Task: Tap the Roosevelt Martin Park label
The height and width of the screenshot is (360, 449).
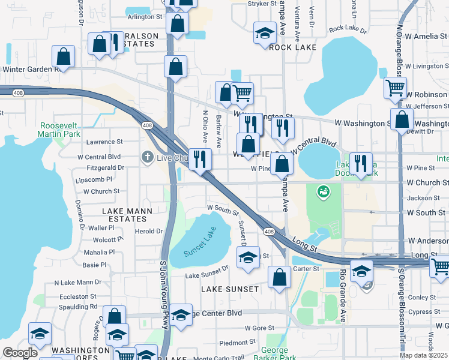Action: point(59,130)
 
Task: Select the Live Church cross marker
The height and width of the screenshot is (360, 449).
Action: point(147,157)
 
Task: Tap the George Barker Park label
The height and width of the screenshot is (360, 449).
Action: point(279,353)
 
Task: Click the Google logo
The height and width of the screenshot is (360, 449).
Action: point(20,353)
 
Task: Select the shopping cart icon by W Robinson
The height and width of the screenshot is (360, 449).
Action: point(396,88)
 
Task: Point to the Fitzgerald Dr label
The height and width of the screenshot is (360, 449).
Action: point(105,168)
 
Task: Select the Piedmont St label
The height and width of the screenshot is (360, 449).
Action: point(221,343)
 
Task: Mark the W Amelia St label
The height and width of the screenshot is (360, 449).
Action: point(426,37)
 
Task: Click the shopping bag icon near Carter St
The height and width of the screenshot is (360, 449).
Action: point(279,278)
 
